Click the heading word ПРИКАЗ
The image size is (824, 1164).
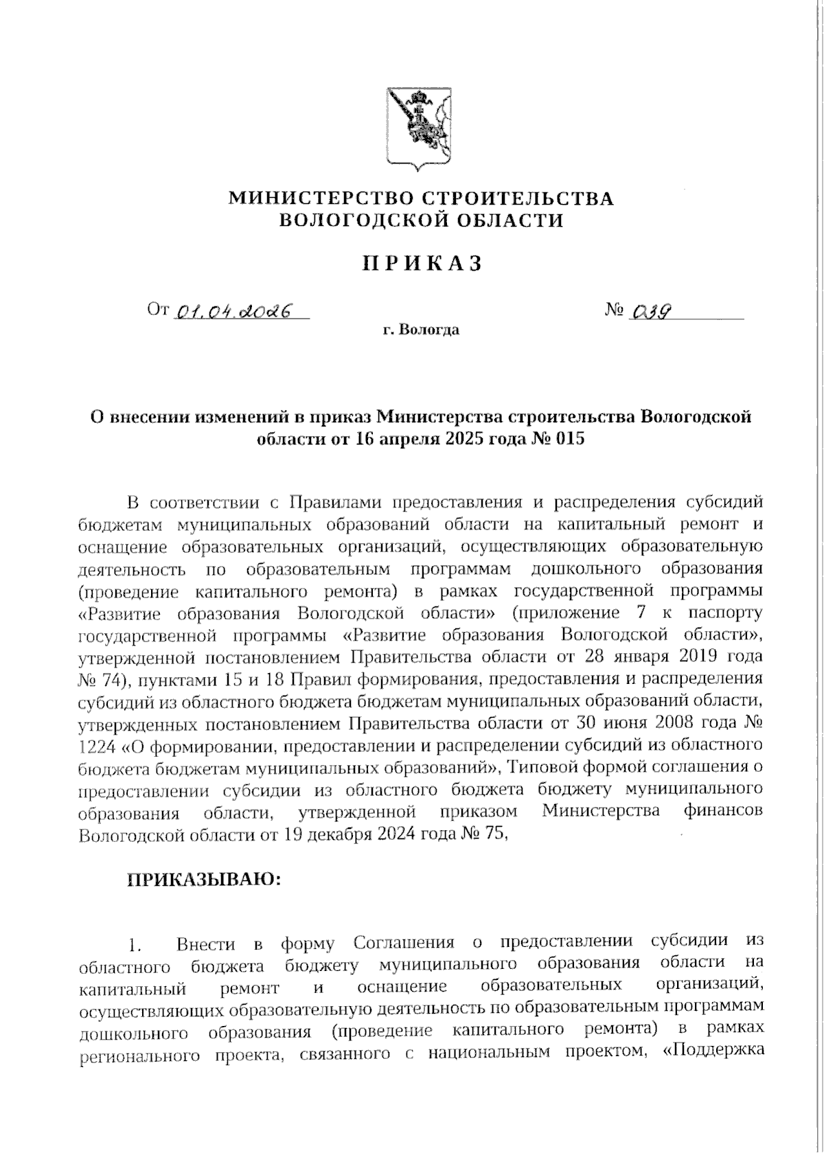[x=422, y=264]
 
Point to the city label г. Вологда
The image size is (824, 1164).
[x=421, y=330]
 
